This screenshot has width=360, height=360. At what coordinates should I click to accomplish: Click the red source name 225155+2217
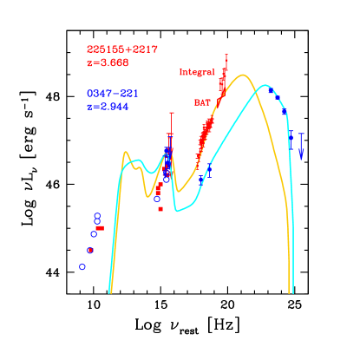pyautogui.click(x=121, y=49)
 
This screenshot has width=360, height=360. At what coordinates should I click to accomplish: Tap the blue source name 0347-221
pyautogui.click(x=112, y=93)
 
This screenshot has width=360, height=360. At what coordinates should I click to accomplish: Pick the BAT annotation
pyautogui.click(x=202, y=102)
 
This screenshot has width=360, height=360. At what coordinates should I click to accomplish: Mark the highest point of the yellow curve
pyautogui.click(x=244, y=75)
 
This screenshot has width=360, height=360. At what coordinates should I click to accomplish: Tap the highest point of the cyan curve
pyautogui.click(x=265, y=85)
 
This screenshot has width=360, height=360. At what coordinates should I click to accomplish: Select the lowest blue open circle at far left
pyautogui.click(x=82, y=266)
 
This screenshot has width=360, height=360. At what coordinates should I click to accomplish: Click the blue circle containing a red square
pyautogui.click(x=90, y=250)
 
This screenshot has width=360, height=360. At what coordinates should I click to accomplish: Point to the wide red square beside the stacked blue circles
pyautogui.click(x=100, y=227)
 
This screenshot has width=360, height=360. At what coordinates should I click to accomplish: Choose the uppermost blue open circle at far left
pyautogui.click(x=97, y=215)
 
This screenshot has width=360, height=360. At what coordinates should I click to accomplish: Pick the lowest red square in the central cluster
pyautogui.click(x=160, y=209)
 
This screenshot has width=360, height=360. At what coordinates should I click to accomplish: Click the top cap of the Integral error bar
pyautogui.click(x=226, y=55)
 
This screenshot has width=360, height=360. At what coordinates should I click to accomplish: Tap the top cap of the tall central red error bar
pyautogui.click(x=172, y=113)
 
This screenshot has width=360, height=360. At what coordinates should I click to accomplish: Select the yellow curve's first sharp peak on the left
pyautogui.click(x=127, y=153)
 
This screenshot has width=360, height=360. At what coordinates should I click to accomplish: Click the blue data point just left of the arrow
pyautogui.click(x=291, y=134)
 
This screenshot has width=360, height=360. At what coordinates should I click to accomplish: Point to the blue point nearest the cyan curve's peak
pyautogui.click(x=272, y=90)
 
